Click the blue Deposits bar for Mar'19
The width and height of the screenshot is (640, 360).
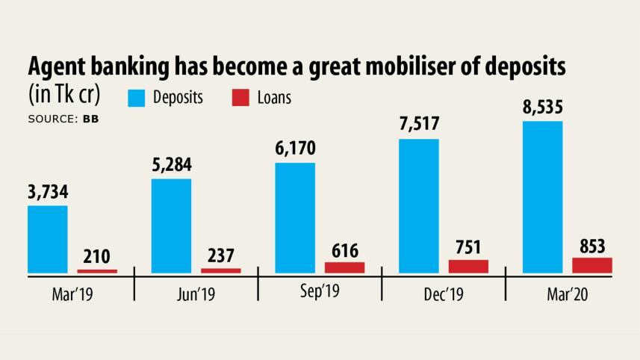(x=48, y=239)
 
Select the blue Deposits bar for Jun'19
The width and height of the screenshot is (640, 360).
(x=171, y=226)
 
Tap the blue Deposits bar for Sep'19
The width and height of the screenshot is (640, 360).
(x=295, y=217)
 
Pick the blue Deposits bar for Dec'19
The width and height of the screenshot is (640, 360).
(x=419, y=205)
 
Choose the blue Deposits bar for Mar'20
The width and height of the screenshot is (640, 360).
(x=543, y=196)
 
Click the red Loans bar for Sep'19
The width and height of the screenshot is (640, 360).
(x=345, y=267)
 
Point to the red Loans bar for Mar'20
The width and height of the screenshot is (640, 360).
(x=592, y=264)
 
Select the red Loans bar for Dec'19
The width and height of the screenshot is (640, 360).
(x=468, y=266)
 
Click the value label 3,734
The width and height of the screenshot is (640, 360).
(x=48, y=193)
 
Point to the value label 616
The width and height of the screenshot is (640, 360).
(x=345, y=250)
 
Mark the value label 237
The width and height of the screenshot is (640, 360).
(x=221, y=256)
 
